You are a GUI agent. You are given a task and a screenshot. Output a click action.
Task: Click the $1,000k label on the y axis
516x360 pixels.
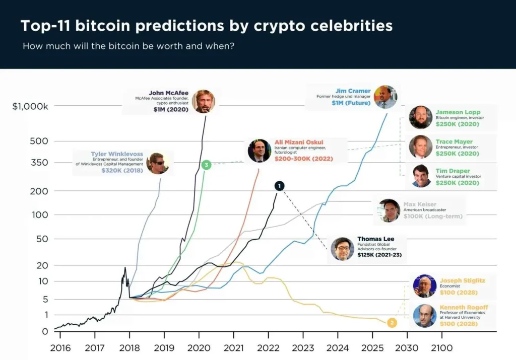[30, 106]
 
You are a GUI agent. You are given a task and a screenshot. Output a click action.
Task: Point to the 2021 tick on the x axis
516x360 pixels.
[233, 348]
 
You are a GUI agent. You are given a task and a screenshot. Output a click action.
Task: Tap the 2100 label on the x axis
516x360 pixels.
[441, 348]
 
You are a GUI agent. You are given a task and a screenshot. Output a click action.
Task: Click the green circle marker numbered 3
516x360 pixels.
[206, 165]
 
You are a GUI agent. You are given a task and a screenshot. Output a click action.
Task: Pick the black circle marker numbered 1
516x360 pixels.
[279, 186]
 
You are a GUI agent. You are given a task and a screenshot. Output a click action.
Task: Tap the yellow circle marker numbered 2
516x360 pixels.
[391, 323]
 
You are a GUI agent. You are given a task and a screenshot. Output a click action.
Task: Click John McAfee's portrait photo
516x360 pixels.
[203, 101]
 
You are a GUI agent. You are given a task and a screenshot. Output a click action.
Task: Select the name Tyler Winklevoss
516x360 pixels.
[116, 154]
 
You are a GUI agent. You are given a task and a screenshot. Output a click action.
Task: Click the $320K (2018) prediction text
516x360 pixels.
[122, 171]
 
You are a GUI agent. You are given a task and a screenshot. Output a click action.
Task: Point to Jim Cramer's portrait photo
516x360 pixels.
[385, 97]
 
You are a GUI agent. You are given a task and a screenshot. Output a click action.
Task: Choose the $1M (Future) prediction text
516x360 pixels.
[351, 103]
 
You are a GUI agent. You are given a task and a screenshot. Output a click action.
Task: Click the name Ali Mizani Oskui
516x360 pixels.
[299, 142]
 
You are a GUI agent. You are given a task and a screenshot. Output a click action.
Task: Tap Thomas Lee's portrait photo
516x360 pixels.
[342, 249]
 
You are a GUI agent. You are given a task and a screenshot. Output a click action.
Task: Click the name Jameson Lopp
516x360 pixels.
[458, 112]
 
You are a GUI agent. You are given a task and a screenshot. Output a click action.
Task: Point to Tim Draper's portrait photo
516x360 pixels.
[421, 176]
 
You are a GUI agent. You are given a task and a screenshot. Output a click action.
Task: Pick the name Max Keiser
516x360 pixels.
[420, 204]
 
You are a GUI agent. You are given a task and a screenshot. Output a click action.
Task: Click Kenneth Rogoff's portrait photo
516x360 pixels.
[424, 316]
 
